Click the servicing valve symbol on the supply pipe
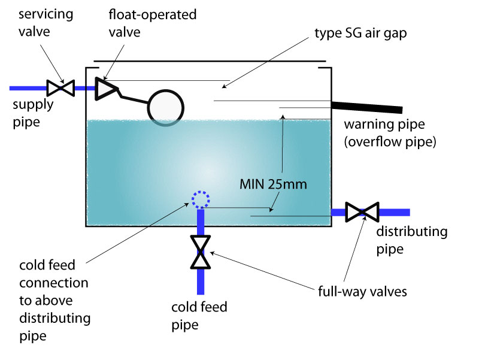(60, 88)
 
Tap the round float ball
(166, 107)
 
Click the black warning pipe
(366, 107)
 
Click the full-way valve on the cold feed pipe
(201, 252)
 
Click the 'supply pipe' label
(34, 111)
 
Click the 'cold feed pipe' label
(199, 316)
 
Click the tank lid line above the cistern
(210, 60)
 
